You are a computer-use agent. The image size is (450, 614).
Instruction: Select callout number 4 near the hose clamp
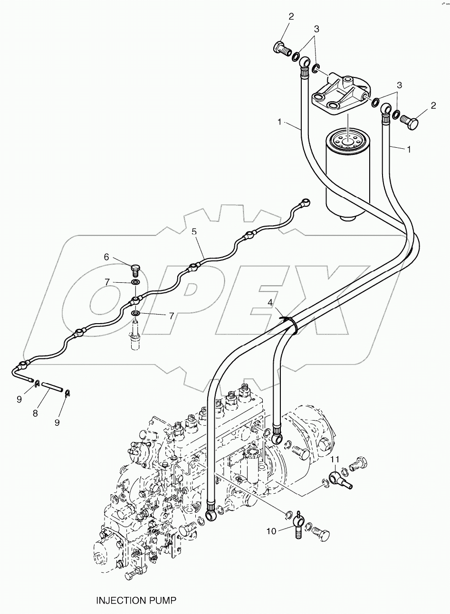[x=270, y=302]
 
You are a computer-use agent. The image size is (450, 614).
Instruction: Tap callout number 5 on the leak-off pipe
[x=194, y=231]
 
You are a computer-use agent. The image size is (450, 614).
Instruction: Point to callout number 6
[x=106, y=257]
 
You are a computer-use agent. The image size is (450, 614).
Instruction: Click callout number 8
[x=35, y=413]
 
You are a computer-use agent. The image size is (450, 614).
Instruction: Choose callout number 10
[x=271, y=531]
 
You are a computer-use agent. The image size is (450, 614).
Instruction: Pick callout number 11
[x=335, y=459]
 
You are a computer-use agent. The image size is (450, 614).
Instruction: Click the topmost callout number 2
[x=291, y=17]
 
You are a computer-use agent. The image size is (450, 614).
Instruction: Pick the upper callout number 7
[x=107, y=282]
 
